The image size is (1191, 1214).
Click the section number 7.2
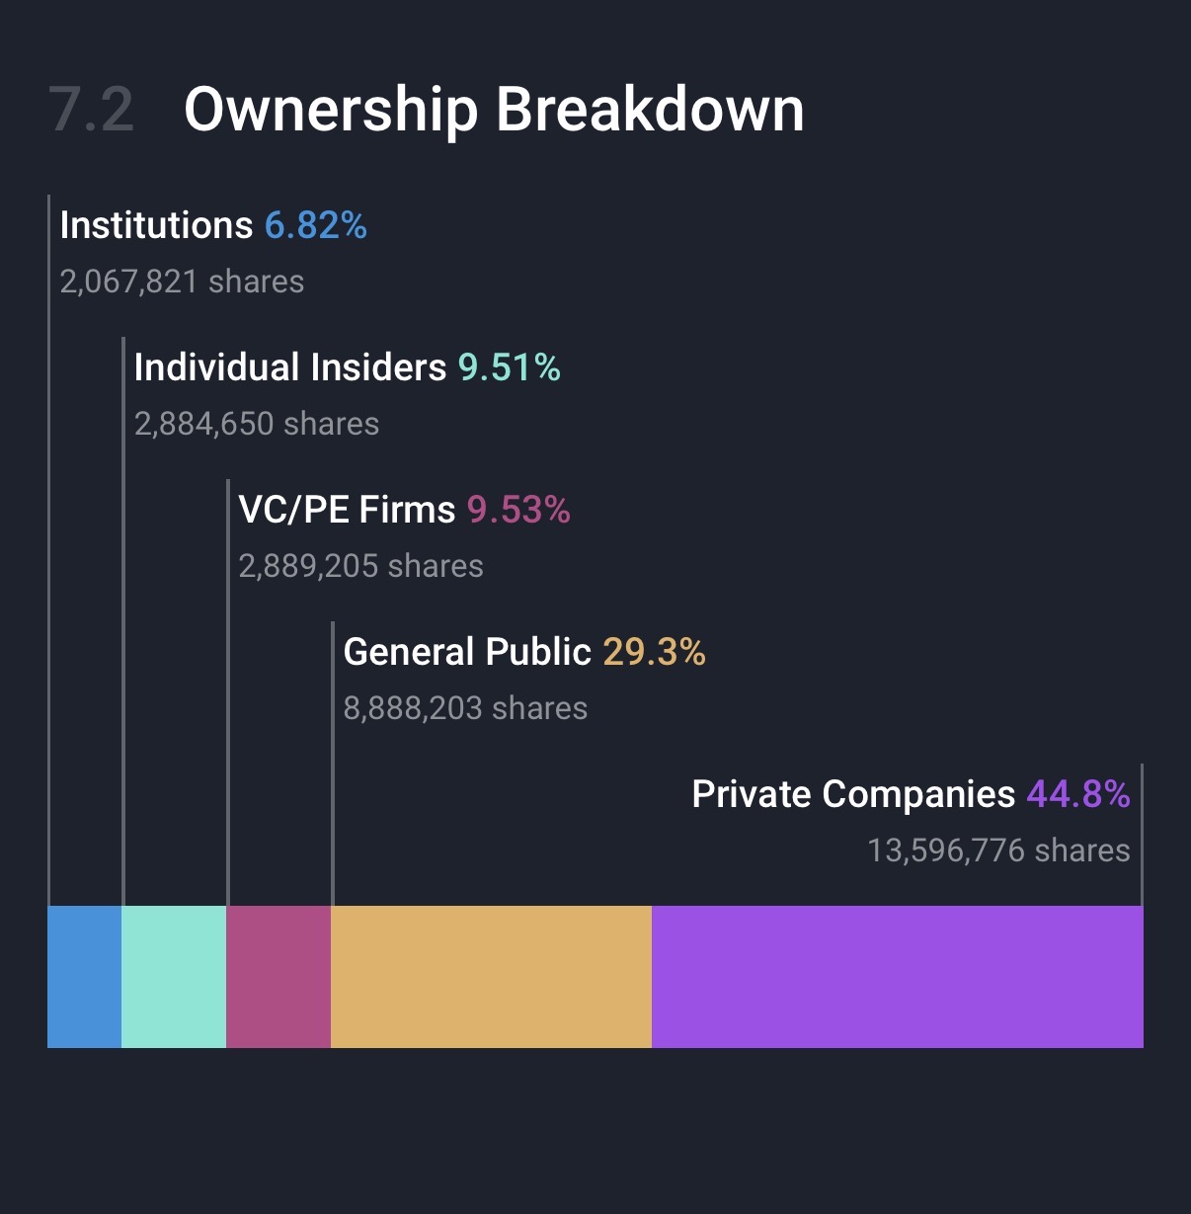(91, 109)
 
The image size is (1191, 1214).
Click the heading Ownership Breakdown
(494, 109)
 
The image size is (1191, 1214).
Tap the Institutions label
(156, 225)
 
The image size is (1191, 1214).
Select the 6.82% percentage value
(316, 225)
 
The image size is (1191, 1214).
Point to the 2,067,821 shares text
(182, 282)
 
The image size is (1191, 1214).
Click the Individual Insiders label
(290, 367)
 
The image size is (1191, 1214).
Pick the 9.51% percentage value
(510, 367)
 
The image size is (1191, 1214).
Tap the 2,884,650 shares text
(257, 424)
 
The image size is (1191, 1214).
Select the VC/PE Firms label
(347, 510)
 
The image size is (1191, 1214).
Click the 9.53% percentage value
(518, 510)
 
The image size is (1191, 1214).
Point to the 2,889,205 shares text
(360, 566)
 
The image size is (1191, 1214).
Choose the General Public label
(467, 652)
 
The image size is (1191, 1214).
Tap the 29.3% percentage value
(654, 652)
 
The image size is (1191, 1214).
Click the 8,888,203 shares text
(465, 708)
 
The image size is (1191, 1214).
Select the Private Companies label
(853, 794)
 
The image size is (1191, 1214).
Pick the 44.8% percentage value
(1078, 794)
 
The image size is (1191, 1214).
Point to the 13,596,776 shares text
(998, 850)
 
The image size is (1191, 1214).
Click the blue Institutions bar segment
(84, 976)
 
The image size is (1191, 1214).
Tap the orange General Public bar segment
(491, 976)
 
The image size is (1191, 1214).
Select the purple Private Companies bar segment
(897, 976)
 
